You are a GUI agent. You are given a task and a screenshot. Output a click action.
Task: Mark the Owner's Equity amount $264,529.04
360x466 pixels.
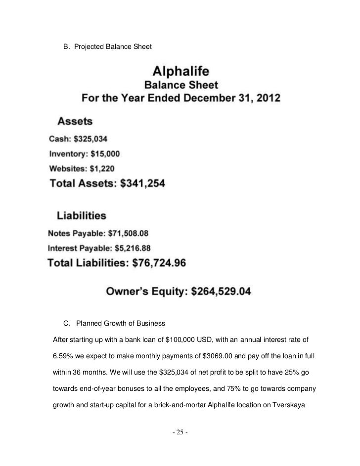click(x=215, y=292)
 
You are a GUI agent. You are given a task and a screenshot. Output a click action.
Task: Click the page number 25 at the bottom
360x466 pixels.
click(x=180, y=433)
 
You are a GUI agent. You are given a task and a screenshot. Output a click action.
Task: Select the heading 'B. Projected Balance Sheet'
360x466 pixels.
click(x=107, y=46)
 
